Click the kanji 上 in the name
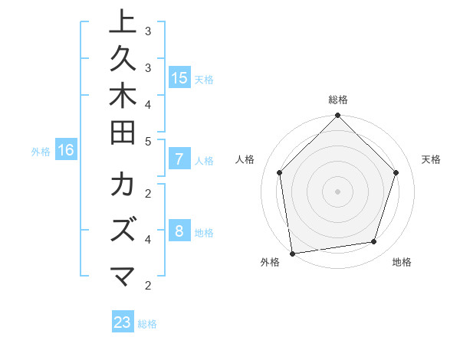pos(123,23)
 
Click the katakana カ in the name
pos(123,186)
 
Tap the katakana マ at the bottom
pos(123,275)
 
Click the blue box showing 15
pos(179,78)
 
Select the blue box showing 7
pos(179,159)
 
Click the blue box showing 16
pos(66,150)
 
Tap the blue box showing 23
pos(123,322)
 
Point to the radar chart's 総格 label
pos(338,100)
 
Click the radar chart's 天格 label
pos(431,159)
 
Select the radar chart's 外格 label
pos(270,262)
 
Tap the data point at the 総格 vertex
pos(337,116)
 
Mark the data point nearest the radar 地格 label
pos(374,242)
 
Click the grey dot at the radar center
pos(337,191)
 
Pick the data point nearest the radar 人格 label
pos(280,172)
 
